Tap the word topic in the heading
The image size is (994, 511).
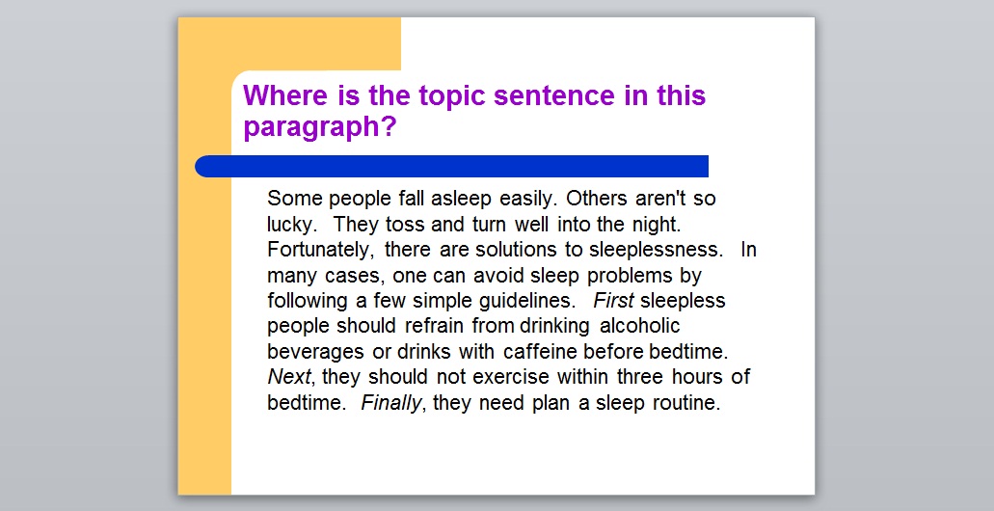[x=451, y=96]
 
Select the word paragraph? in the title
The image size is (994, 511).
[x=319, y=127]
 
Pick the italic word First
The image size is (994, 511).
[x=613, y=301]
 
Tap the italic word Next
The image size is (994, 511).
[x=290, y=377]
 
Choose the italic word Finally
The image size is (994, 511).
[x=391, y=403]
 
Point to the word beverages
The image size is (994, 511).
[x=315, y=352]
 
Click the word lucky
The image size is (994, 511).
[x=290, y=225]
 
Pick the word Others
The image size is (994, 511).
[x=597, y=199]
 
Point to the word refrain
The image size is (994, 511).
[x=435, y=326]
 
